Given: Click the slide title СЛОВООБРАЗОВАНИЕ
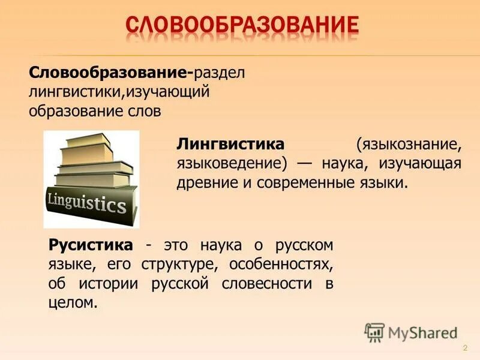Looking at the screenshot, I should click(242, 26).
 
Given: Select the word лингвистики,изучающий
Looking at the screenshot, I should click(119, 93).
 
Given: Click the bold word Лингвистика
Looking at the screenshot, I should click(230, 145).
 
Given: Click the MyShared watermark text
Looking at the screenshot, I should click(424, 332).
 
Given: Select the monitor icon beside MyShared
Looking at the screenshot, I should click(375, 332).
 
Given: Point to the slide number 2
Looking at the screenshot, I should click(465, 349).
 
